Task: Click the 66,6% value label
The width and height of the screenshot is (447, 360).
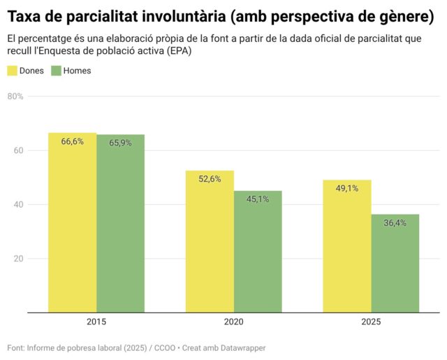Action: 72,141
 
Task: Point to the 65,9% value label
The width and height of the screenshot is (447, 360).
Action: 120,143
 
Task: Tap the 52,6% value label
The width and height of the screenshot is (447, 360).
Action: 210,179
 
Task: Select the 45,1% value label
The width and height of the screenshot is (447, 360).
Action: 258,199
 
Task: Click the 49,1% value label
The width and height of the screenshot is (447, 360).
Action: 347,188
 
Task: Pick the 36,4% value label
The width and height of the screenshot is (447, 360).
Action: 395,223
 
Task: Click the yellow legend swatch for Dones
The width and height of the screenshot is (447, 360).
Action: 12,71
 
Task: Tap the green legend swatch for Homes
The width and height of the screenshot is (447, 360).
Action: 56,71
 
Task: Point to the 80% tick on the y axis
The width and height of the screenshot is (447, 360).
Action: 15,96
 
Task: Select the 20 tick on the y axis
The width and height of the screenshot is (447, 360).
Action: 17,259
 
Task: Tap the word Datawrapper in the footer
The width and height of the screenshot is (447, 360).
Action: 241,347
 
